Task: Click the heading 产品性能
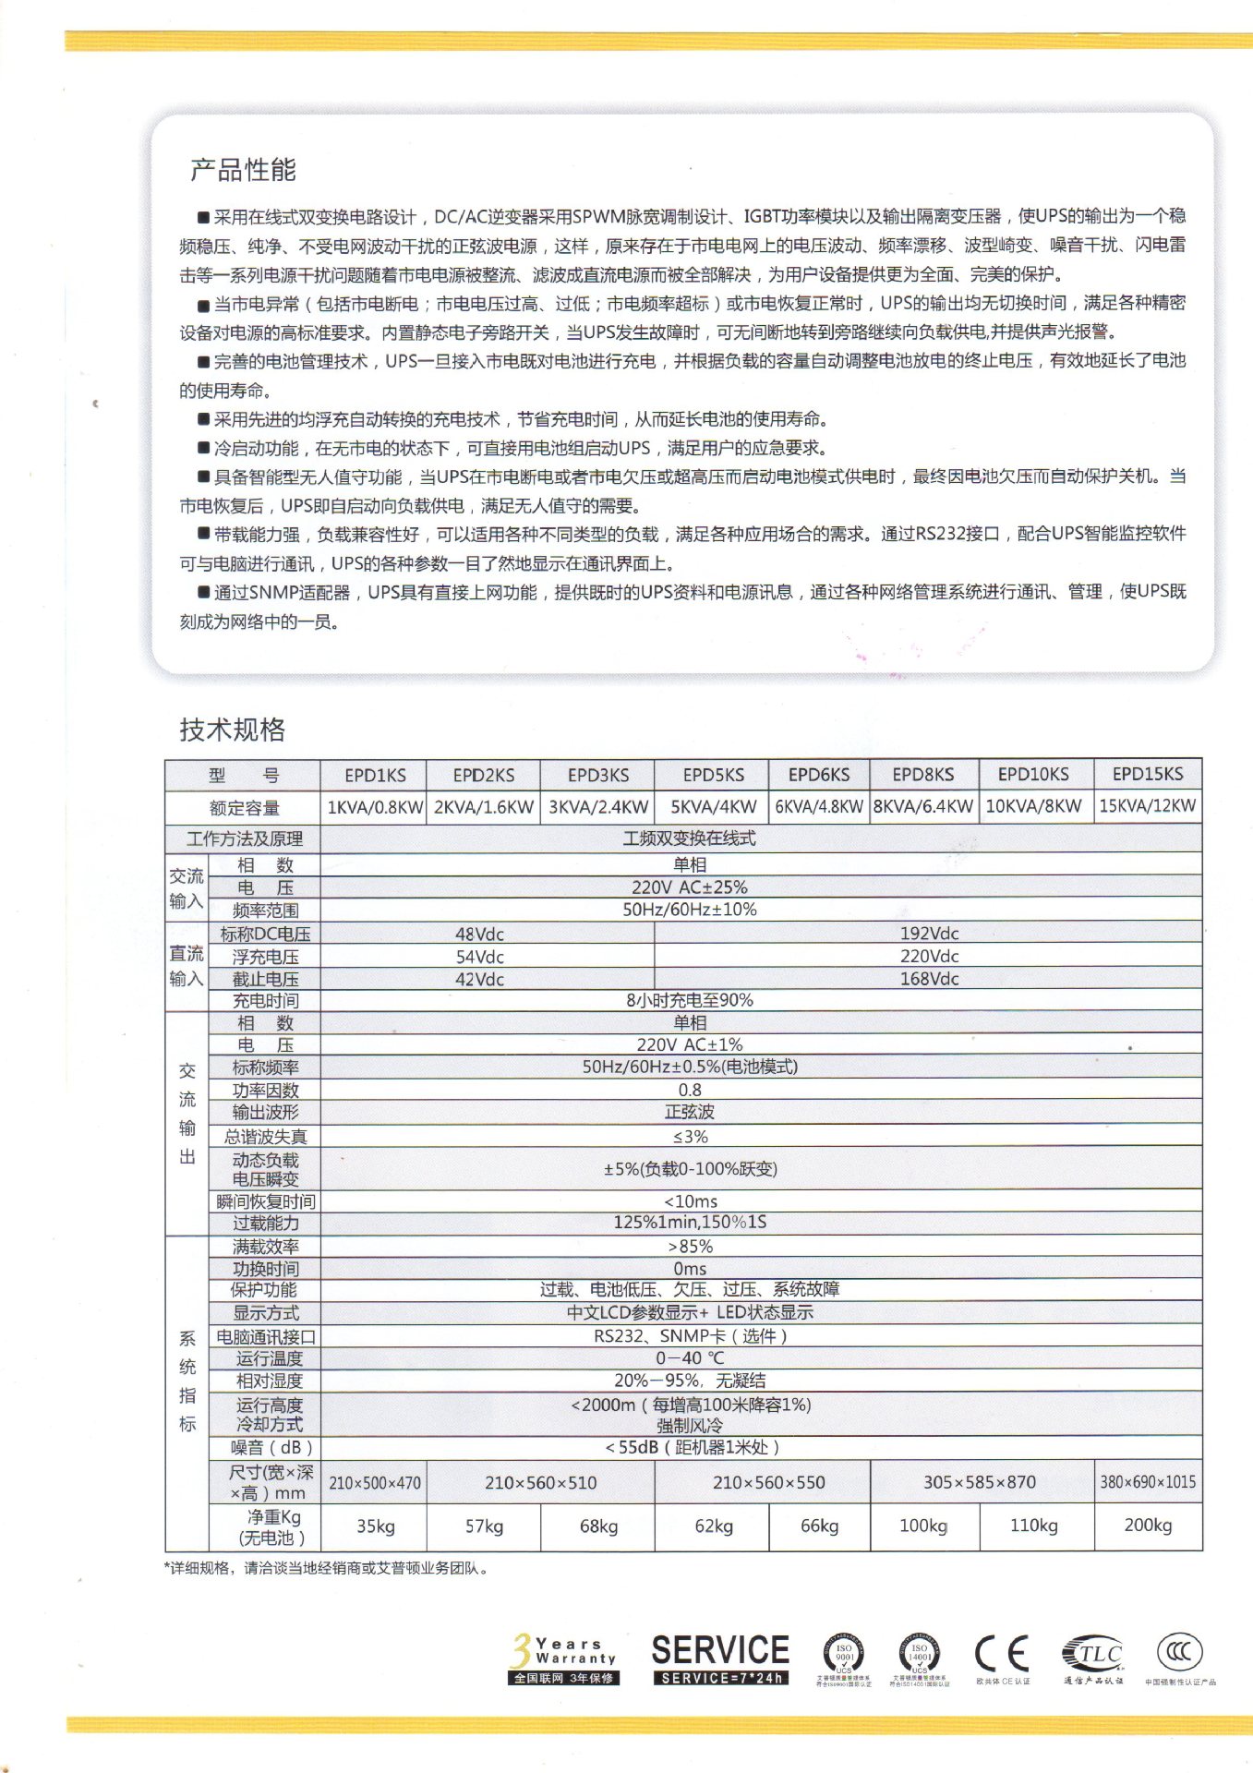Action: (x=243, y=170)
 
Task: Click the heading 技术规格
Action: (x=232, y=730)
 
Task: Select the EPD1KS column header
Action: (x=375, y=775)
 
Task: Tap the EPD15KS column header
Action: (x=1147, y=774)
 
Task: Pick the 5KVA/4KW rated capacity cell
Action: (x=713, y=806)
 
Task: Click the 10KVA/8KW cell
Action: (x=1033, y=806)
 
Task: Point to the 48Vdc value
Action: (x=479, y=934)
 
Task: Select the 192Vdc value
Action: (x=929, y=934)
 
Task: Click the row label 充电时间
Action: (x=265, y=1001)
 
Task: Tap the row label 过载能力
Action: (x=265, y=1223)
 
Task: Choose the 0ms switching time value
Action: (x=690, y=1269)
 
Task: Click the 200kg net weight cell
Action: (x=1148, y=1525)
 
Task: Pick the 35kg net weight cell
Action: (x=376, y=1526)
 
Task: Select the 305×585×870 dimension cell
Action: (x=980, y=1482)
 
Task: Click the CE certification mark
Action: (x=1002, y=1654)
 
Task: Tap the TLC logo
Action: (x=1093, y=1653)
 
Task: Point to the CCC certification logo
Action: (x=1179, y=1651)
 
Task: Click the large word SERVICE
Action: (x=720, y=1650)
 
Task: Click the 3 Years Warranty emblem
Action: (x=563, y=1658)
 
